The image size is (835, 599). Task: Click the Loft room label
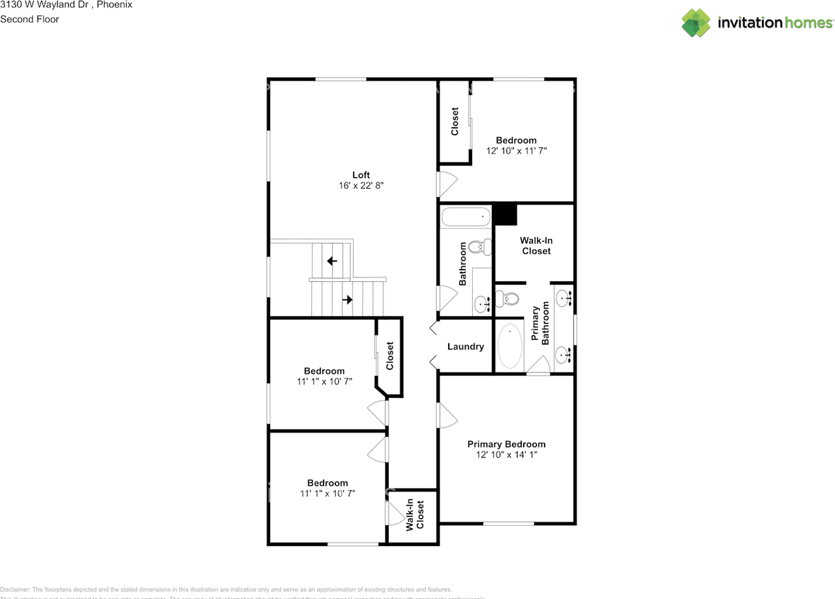tap(361, 175)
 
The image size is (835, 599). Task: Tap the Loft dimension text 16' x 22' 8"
tap(361, 186)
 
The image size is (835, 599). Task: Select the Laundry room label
tap(465, 346)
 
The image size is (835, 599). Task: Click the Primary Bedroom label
tap(506, 444)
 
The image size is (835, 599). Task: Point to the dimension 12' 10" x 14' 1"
tap(506, 455)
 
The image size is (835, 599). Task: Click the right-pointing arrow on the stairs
tap(348, 300)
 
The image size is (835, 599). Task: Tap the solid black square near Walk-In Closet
tap(505, 215)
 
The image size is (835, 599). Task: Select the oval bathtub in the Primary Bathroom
tap(509, 348)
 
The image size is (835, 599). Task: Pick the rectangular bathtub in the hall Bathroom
tap(465, 217)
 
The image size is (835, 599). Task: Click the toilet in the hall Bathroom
tap(479, 247)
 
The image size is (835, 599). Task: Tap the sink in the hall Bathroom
tap(483, 303)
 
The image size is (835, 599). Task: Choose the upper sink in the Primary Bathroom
tap(564, 299)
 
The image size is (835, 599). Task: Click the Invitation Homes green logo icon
tap(696, 23)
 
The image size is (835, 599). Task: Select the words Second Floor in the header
tap(29, 19)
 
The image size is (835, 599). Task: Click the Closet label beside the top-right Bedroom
tap(455, 121)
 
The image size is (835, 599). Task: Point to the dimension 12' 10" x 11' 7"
tap(516, 151)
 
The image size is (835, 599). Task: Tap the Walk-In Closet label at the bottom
tap(415, 515)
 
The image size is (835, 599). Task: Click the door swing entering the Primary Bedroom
tap(446, 414)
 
